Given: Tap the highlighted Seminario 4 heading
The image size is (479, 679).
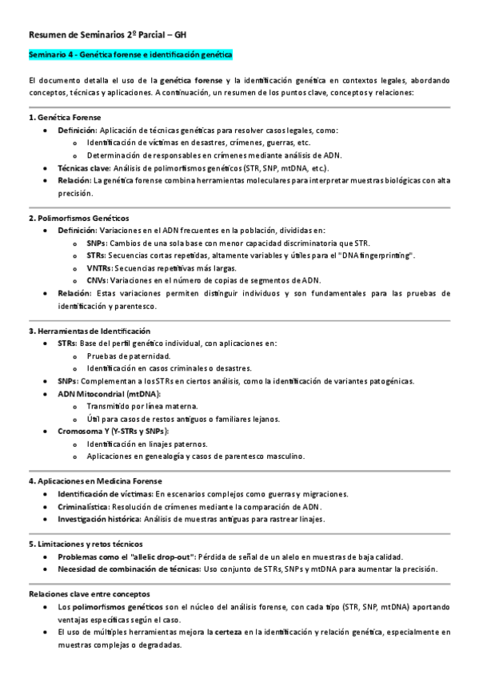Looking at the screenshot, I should [x=130, y=55].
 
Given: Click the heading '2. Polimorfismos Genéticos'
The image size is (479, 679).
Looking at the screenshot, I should [x=78, y=218].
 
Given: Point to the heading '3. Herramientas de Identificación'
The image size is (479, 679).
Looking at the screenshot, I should [x=89, y=331].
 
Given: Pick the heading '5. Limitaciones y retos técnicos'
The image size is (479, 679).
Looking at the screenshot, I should [x=86, y=544].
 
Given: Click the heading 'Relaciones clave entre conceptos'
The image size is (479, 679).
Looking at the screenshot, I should [x=88, y=594].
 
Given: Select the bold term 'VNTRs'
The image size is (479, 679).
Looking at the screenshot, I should [x=100, y=267].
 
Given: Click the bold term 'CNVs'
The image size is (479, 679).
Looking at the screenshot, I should [x=98, y=280].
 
